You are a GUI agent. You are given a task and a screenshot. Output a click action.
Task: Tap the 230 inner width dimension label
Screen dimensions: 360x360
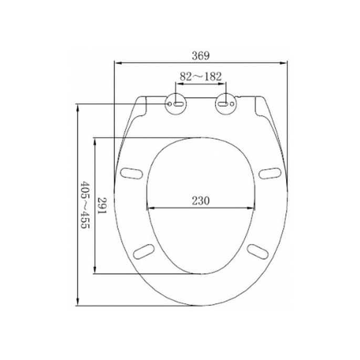[201, 200]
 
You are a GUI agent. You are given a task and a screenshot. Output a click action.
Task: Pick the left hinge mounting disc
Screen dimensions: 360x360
[176, 104]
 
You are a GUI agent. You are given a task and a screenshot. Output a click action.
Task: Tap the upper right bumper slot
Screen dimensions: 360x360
[271, 172]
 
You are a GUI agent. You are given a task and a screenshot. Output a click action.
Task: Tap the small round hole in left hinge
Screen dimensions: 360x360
[169, 105]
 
